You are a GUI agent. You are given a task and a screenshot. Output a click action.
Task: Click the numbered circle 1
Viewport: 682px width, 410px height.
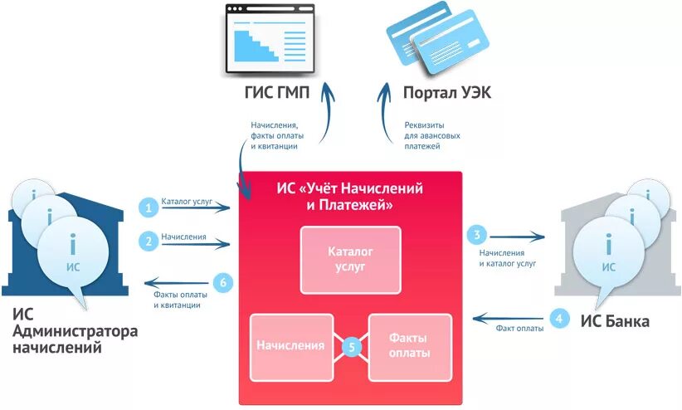[x=149, y=207]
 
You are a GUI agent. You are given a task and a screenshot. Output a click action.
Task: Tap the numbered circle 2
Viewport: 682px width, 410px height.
[x=149, y=242]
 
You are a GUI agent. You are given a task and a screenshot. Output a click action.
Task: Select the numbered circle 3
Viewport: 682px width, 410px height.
[x=476, y=234]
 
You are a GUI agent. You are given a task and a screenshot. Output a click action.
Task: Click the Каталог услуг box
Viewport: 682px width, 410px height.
[x=350, y=259]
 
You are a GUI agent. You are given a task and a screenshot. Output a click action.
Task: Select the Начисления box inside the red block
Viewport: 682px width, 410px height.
[x=291, y=345]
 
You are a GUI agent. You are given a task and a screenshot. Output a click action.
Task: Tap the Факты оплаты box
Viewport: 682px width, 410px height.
[x=409, y=345]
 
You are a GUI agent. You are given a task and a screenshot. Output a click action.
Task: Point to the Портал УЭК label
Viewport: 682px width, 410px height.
[x=446, y=93]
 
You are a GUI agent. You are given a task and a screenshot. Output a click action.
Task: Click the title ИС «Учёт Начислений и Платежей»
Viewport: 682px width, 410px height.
[x=349, y=197]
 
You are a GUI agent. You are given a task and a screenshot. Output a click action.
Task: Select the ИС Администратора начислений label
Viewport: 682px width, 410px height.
[x=75, y=330]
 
